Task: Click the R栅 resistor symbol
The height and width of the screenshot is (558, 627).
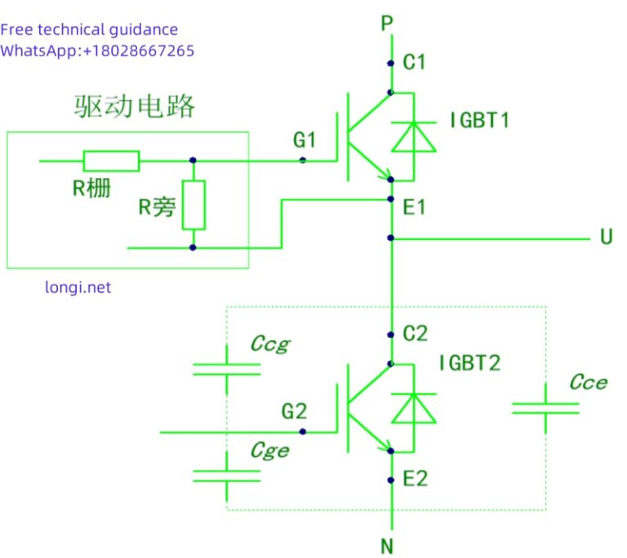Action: click(111, 161)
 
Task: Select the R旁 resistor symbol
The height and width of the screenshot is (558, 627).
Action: click(193, 205)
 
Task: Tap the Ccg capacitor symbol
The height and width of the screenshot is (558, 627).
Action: click(226, 368)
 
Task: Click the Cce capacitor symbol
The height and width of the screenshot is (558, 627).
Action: click(545, 407)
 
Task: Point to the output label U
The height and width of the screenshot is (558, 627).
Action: click(606, 237)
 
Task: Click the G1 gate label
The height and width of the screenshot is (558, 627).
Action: click(305, 140)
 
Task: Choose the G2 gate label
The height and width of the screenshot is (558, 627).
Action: click(294, 412)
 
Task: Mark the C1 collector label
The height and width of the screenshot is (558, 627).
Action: click(415, 62)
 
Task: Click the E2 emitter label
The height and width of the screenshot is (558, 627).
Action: click(415, 479)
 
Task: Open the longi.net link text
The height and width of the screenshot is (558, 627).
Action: click(78, 287)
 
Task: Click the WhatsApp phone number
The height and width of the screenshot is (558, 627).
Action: click(139, 51)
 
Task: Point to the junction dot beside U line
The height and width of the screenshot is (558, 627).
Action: click(391, 238)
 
